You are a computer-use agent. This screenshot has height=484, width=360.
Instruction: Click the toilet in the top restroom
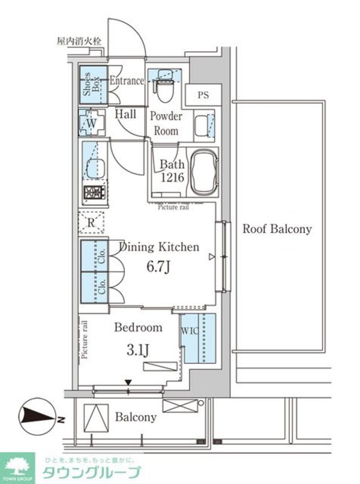tap(161, 89)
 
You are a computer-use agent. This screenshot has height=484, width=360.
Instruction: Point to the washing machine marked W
tap(91, 123)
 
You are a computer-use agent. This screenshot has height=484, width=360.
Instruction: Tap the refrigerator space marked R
tap(91, 223)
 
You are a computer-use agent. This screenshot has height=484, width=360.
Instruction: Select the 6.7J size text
tap(158, 266)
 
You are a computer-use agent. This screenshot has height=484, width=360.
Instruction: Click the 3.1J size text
tap(138, 349)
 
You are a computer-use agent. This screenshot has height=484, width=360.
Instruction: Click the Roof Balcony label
tap(277, 229)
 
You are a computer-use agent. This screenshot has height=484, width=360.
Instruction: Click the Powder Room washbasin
tap(208, 124)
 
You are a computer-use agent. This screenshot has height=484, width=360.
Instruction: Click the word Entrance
tap(126, 80)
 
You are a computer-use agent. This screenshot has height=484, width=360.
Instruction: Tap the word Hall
tap(125, 113)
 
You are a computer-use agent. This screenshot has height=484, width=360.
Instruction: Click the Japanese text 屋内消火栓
tap(79, 41)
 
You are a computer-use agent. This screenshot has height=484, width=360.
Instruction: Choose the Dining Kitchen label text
tap(159, 247)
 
